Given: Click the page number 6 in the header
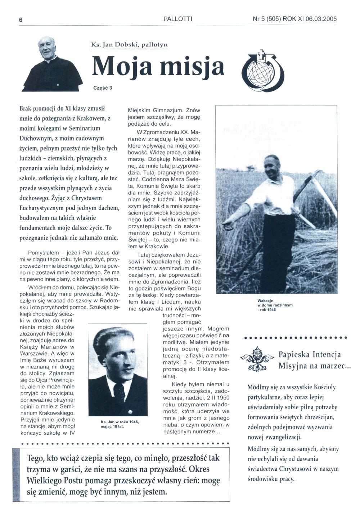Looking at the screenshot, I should tap(21, 20).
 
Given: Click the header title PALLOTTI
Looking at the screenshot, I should tap(178, 19).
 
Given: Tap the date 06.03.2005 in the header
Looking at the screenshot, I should tap(321, 19).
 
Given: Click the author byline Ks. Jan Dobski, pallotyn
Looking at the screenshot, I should tap(130, 45).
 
